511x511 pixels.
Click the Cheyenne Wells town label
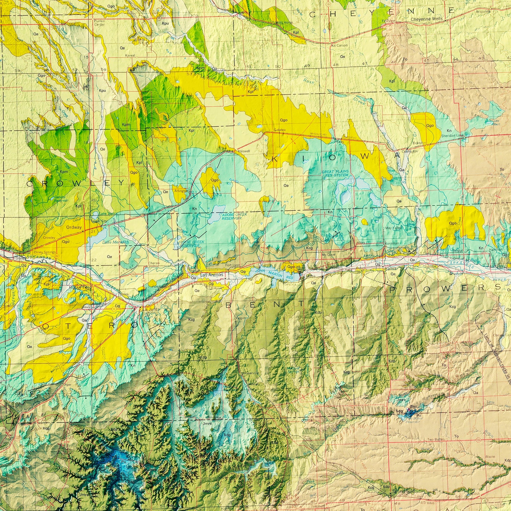[424, 20]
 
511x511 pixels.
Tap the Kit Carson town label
[339, 46]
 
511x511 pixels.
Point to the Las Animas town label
[212, 274]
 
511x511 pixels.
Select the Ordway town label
[74, 227]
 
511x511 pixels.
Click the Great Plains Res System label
[335, 173]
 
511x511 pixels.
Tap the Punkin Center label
[99, 23]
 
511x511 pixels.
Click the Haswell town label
[244, 151]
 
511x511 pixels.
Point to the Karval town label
[130, 56]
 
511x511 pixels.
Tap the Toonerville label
[251, 373]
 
